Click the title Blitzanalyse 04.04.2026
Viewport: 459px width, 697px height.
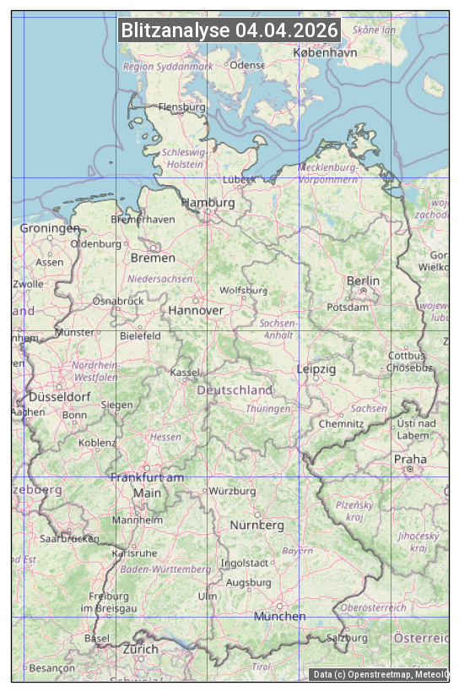(229, 30)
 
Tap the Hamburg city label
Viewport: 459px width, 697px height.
(208, 203)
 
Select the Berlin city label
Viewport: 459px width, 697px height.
(363, 280)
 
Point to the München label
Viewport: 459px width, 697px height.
(280, 616)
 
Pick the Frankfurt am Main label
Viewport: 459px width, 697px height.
(147, 485)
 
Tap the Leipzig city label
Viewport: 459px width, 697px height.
(316, 369)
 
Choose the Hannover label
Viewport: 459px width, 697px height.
(196, 310)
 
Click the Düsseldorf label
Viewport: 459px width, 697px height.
(59, 396)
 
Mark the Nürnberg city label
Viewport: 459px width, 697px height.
(257, 525)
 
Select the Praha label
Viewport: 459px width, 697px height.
(410, 460)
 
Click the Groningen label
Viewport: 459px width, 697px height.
(50, 228)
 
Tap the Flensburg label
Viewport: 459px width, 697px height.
(182, 107)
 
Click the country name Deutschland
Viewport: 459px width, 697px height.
(235, 389)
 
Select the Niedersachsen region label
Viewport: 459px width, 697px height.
(160, 278)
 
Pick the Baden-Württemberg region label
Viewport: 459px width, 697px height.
(166, 569)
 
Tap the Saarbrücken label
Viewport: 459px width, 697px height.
(69, 538)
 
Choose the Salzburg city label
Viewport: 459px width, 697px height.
(348, 638)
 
